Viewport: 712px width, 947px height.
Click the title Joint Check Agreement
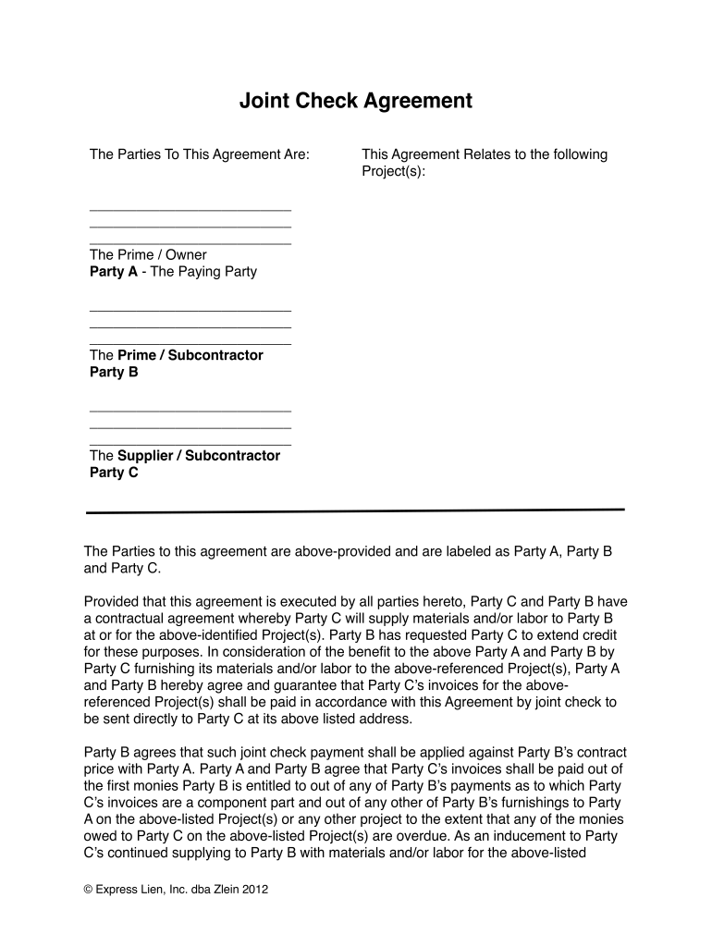pos(356,101)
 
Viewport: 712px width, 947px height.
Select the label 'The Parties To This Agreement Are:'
pos(199,154)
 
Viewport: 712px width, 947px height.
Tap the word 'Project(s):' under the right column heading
pos(393,171)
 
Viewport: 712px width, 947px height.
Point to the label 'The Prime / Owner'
pos(148,254)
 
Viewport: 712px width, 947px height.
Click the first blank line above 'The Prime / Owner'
pos(190,210)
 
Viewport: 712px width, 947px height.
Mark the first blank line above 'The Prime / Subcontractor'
pos(190,311)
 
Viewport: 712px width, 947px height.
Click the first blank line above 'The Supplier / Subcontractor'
pos(190,411)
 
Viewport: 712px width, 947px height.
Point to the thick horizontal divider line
pos(356,510)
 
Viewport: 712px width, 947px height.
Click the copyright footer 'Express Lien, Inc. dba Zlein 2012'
pos(176,890)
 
